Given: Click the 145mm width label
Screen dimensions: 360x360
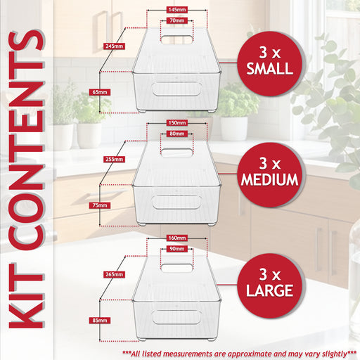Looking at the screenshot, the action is (x=177, y=10).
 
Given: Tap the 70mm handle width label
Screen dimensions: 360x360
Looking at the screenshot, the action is (x=177, y=20).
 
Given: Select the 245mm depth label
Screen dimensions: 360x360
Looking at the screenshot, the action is (x=114, y=46).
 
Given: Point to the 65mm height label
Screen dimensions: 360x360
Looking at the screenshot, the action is (x=100, y=92).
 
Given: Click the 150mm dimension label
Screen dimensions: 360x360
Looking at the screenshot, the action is (x=177, y=123).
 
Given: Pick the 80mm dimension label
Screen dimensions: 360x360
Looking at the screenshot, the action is (x=177, y=134).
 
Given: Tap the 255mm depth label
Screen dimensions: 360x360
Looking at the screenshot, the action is (x=114, y=160).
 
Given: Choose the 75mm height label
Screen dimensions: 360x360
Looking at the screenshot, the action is (x=100, y=205).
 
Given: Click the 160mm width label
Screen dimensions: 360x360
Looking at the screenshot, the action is (x=177, y=238).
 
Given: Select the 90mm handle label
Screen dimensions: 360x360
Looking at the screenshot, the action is (x=177, y=249).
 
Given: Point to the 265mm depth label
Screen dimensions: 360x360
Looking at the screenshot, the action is (x=114, y=274).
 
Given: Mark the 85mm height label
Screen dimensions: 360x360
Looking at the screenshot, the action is (x=100, y=321).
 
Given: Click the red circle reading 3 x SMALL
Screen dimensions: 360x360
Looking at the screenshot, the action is (x=270, y=63).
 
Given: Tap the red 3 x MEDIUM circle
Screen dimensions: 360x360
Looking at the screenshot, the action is (x=270, y=174).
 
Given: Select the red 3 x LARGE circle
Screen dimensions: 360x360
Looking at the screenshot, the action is (x=270, y=285).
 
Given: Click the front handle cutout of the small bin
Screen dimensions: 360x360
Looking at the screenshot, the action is (x=176, y=89).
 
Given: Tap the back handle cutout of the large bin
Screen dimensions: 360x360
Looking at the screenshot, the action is (x=177, y=268).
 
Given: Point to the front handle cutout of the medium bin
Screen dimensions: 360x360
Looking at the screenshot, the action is (x=176, y=202).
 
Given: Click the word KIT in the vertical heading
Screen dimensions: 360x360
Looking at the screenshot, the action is (x=26, y=295).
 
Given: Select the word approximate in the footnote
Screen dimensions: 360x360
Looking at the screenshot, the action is (x=248, y=354).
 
